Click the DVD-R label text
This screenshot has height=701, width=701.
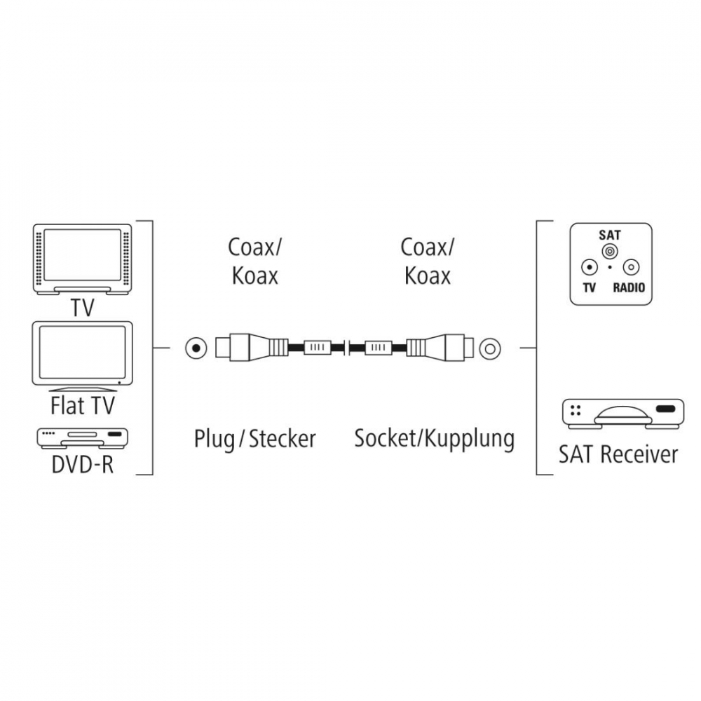click(83, 464)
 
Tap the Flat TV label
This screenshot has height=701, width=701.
click(83, 406)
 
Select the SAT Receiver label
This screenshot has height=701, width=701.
click(618, 454)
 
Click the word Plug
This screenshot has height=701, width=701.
click(214, 440)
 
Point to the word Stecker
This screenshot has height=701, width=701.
click(282, 439)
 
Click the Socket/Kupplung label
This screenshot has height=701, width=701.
click(435, 439)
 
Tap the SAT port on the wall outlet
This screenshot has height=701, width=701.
click(609, 251)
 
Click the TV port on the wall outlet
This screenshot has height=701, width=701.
click(590, 268)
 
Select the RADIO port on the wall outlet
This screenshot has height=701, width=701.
click(631, 268)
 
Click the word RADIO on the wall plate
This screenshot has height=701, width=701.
click(629, 287)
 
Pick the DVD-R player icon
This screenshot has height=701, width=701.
click(82, 439)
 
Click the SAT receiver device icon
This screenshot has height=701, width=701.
click(622, 414)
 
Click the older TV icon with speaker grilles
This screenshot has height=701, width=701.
click(82, 259)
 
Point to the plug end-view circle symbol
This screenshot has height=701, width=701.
click(196, 348)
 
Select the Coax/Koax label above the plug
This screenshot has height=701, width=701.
click(255, 261)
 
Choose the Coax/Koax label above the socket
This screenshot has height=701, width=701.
click(427, 261)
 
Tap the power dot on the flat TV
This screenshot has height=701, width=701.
click(119, 383)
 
